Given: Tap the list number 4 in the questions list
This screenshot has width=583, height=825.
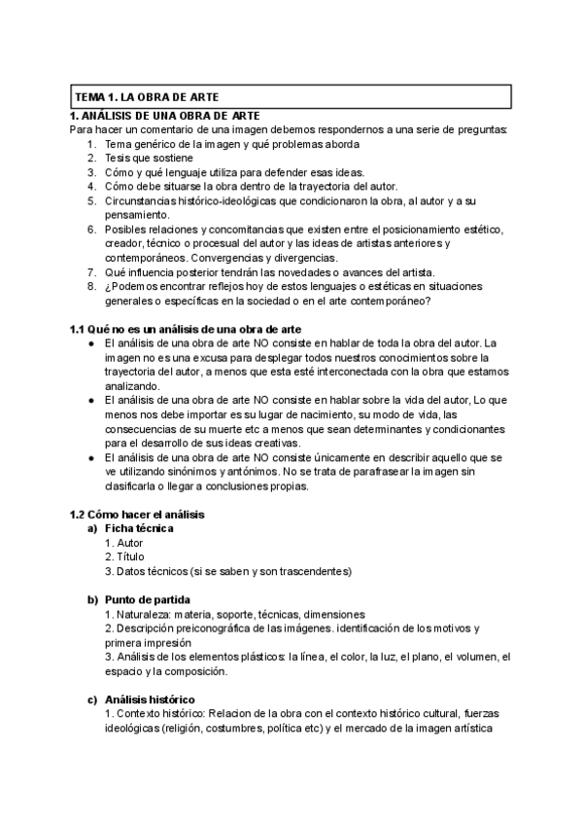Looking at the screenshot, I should tap(90, 186).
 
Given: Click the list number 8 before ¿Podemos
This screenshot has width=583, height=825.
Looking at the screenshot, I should tap(90, 286).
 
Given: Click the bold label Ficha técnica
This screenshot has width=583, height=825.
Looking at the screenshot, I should tap(139, 528).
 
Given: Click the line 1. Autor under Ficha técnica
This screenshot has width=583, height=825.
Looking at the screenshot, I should tap(123, 542).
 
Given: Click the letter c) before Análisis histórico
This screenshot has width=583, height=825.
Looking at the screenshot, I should tap(92, 699).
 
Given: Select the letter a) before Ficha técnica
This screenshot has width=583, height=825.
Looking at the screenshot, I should tap(92, 528).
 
